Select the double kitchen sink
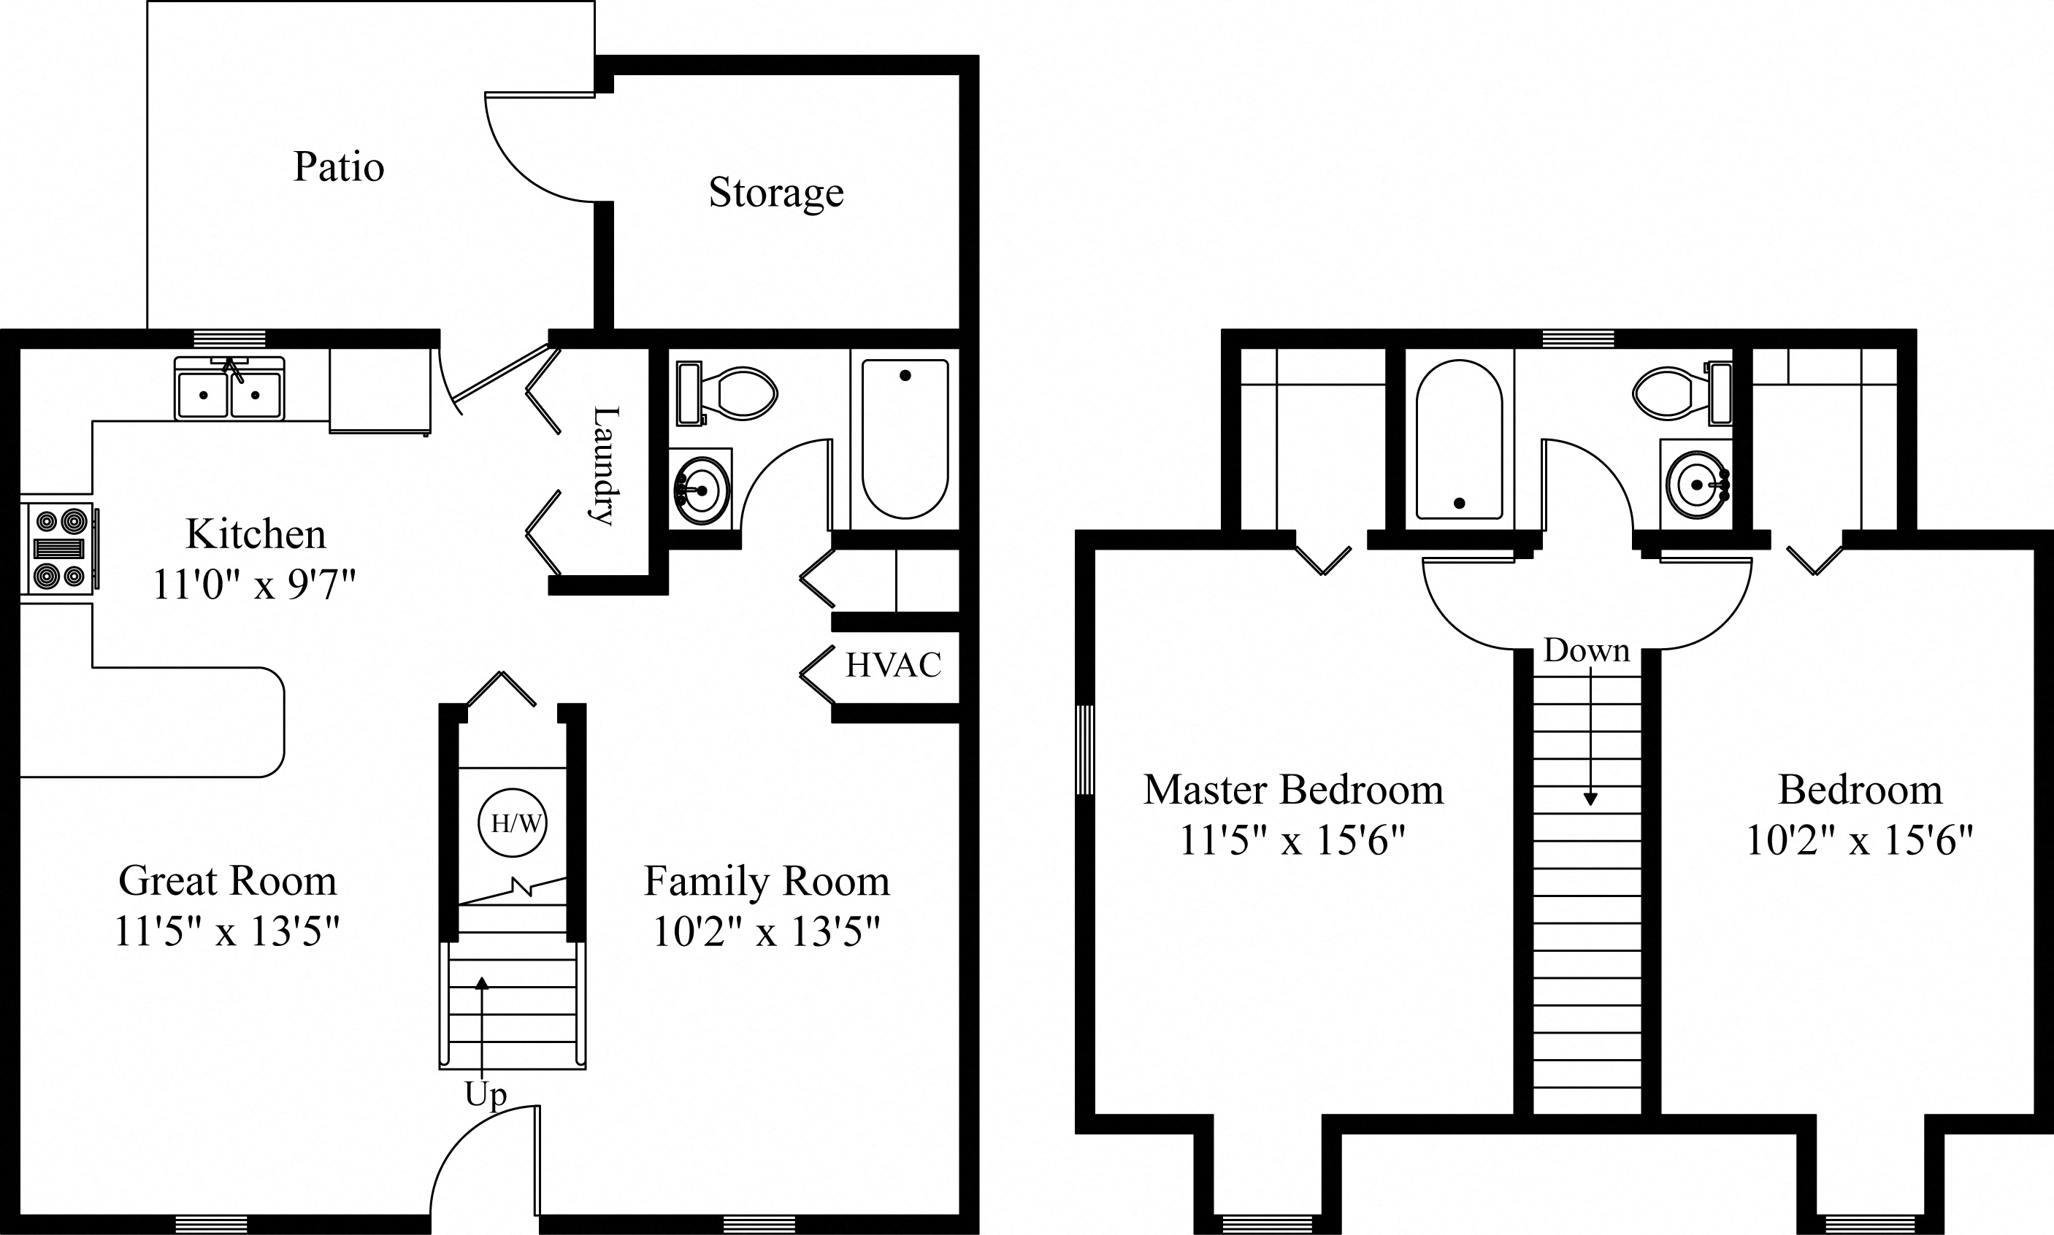(x=229, y=390)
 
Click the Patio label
(x=339, y=167)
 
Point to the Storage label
(x=775, y=193)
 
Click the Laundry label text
(x=605, y=465)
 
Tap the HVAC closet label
(x=893, y=665)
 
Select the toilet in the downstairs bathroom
(x=728, y=393)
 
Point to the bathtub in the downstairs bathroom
(x=905, y=439)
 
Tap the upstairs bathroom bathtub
(x=1459, y=439)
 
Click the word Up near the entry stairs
(x=485, y=1095)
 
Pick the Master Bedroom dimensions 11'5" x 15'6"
(x=1292, y=842)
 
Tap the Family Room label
(x=767, y=881)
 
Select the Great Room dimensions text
(x=227, y=931)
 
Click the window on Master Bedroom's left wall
(x=1084, y=749)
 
